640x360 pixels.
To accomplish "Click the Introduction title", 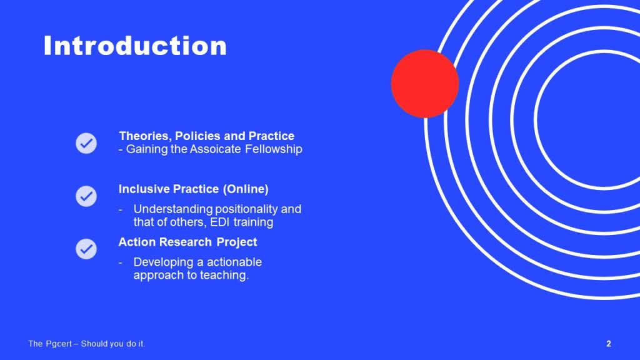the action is point(135,45).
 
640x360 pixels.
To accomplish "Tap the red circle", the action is point(425,84).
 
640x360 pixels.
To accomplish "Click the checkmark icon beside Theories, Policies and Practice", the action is point(86,143).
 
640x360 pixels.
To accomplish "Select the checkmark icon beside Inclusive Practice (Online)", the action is point(86,196).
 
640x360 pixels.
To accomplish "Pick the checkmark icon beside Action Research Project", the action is point(86,249).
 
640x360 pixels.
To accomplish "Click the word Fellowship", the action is point(274,149).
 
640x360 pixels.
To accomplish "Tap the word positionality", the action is point(246,209).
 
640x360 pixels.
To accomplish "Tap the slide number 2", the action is point(609,344).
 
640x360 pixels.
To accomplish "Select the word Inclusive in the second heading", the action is point(144,189).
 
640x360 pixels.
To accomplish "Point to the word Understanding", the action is point(173,209).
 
